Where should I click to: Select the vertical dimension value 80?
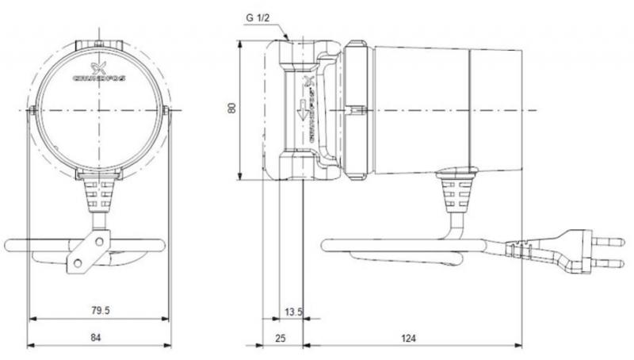[x=232, y=107]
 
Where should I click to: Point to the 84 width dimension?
[x=97, y=339]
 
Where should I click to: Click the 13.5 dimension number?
[x=292, y=312]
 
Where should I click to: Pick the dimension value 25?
[x=280, y=339]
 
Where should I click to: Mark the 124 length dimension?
[x=408, y=339]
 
